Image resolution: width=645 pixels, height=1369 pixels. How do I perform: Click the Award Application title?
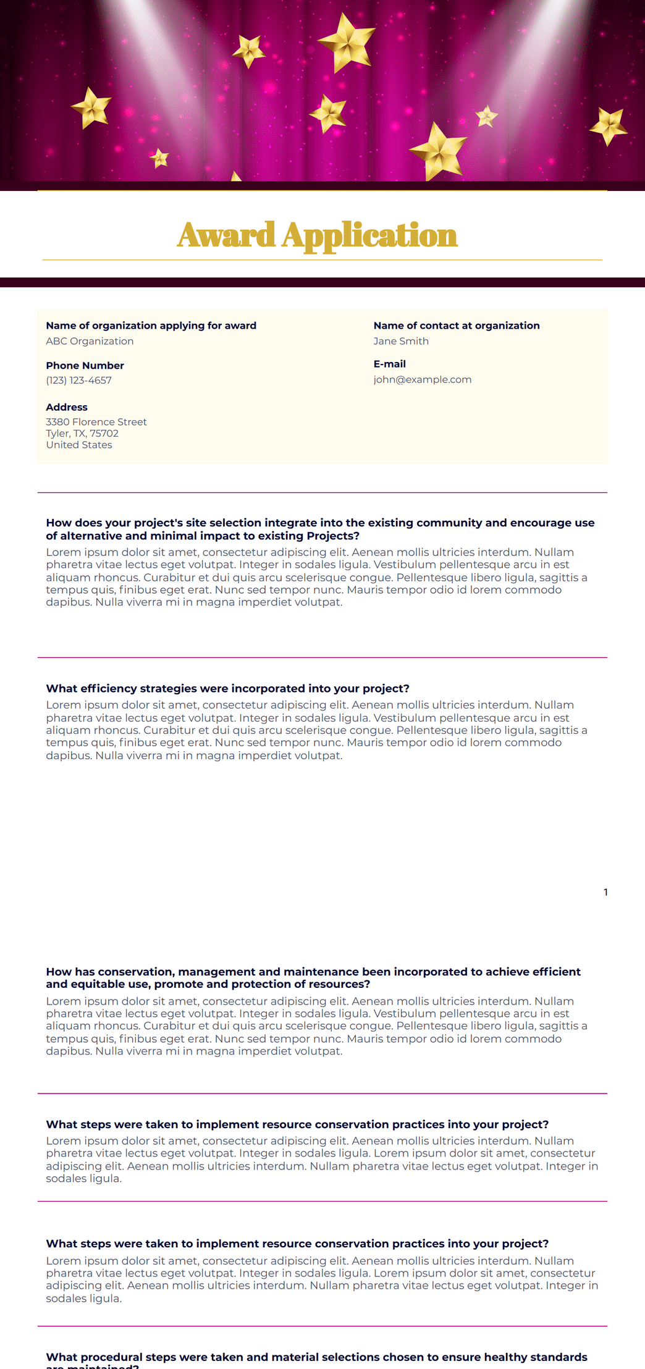coord(317,235)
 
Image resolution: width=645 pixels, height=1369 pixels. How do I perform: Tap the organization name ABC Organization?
coord(90,341)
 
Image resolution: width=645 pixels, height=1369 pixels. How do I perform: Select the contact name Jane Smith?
coord(401,341)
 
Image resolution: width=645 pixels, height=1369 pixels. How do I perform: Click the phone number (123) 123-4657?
coord(78,381)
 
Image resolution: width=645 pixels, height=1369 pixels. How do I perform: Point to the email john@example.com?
coord(422,379)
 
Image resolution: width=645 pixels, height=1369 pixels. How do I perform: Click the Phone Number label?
coord(85,366)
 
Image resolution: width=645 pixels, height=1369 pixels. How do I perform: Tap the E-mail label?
coord(389,364)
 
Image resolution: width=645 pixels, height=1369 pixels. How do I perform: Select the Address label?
coord(67,407)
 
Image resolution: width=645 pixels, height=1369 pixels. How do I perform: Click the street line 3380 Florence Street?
coord(96,422)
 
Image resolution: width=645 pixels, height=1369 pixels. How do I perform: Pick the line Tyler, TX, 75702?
coord(82,434)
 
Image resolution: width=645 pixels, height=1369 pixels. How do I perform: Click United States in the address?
coord(79,445)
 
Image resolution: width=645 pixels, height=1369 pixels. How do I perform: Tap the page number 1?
coord(605,892)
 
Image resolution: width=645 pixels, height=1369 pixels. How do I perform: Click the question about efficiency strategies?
coord(227,689)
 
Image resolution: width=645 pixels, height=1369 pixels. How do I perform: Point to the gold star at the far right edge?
coord(609,126)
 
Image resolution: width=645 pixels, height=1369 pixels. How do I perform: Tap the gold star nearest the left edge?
coord(91,107)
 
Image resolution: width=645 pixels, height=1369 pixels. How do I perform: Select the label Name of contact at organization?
coord(456,326)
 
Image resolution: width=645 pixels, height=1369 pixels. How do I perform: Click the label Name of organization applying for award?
coord(151,326)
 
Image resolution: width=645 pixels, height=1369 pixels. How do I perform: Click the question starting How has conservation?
coord(313,978)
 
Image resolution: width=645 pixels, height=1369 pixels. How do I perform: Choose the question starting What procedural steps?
coord(316,1358)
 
